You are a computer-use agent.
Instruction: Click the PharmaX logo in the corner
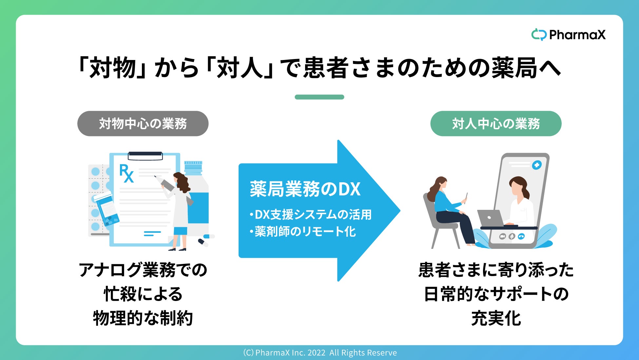pyautogui.click(x=568, y=34)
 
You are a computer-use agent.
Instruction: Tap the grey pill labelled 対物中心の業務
pyautogui.click(x=143, y=124)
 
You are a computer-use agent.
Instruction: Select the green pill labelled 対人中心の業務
pyautogui.click(x=496, y=124)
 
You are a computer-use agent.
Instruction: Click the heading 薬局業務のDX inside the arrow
pyautogui.click(x=305, y=189)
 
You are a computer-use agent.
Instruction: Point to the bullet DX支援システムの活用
pyautogui.click(x=311, y=215)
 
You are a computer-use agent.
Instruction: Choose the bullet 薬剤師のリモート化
pyautogui.click(x=302, y=232)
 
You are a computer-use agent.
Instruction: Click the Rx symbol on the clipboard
pyautogui.click(x=126, y=173)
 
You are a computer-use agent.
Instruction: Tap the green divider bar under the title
pyautogui.click(x=319, y=97)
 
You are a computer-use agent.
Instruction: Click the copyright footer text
pyautogui.click(x=320, y=353)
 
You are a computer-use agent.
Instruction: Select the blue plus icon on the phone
pyautogui.click(x=536, y=165)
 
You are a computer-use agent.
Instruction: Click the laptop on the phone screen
pyautogui.click(x=490, y=218)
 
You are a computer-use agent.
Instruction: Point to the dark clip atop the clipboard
pyautogui.click(x=145, y=155)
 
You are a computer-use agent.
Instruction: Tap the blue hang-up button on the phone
pyautogui.click(x=521, y=236)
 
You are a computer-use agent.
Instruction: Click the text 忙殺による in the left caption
pyautogui.click(x=143, y=294)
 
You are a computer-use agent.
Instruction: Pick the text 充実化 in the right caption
pyautogui.click(x=496, y=318)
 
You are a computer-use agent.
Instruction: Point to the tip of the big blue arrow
pyautogui.click(x=400, y=210)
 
